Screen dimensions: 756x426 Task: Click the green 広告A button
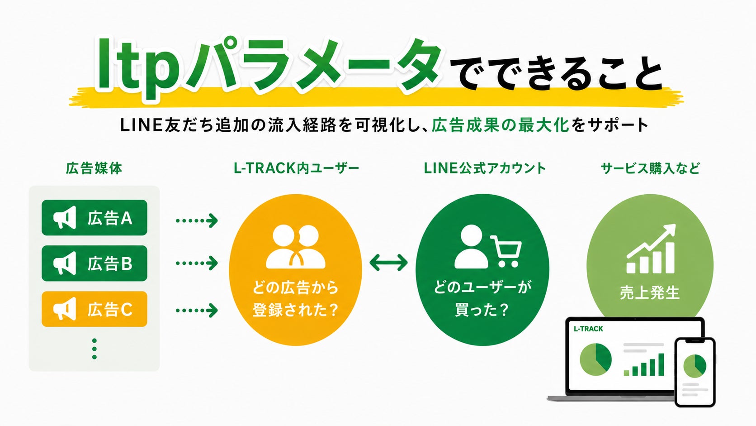coord(94,218)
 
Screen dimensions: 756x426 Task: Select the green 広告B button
coord(94,263)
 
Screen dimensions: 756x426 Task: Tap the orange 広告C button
coord(94,309)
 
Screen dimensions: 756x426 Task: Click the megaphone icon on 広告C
coord(65,309)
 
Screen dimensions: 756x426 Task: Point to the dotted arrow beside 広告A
coord(197,220)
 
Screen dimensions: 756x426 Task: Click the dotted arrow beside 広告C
coord(197,311)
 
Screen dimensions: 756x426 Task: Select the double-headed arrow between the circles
coord(388,263)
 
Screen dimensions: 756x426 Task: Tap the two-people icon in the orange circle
coord(296,247)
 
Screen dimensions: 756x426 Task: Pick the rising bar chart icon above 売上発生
coord(651,249)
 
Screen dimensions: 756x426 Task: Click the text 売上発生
coord(650,292)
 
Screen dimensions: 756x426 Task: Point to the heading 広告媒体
coord(94,168)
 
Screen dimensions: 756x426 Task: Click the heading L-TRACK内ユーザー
coord(296,168)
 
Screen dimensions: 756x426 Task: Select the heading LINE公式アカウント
coord(485,168)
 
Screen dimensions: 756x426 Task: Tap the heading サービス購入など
coord(650,168)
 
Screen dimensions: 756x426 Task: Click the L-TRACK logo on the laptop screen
coord(588,329)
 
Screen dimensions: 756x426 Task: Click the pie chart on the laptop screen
coord(595,359)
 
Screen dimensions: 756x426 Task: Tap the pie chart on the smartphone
coord(695,366)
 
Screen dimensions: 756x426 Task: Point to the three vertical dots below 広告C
coord(94,349)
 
